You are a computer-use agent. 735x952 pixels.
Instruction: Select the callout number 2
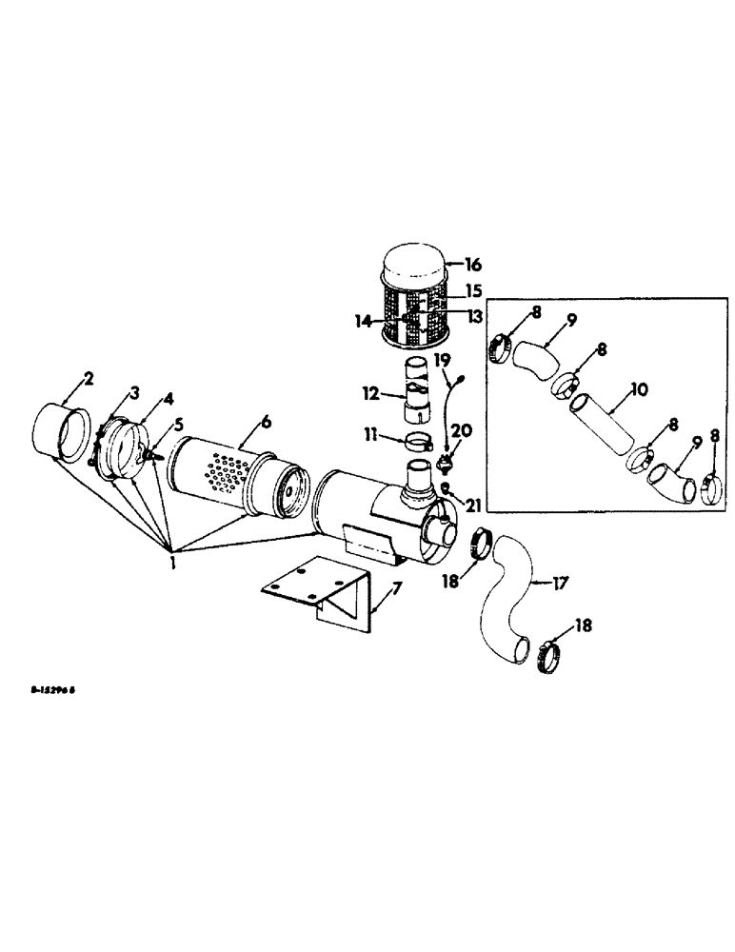(x=89, y=380)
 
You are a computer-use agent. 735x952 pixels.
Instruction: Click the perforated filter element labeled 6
(x=224, y=472)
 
